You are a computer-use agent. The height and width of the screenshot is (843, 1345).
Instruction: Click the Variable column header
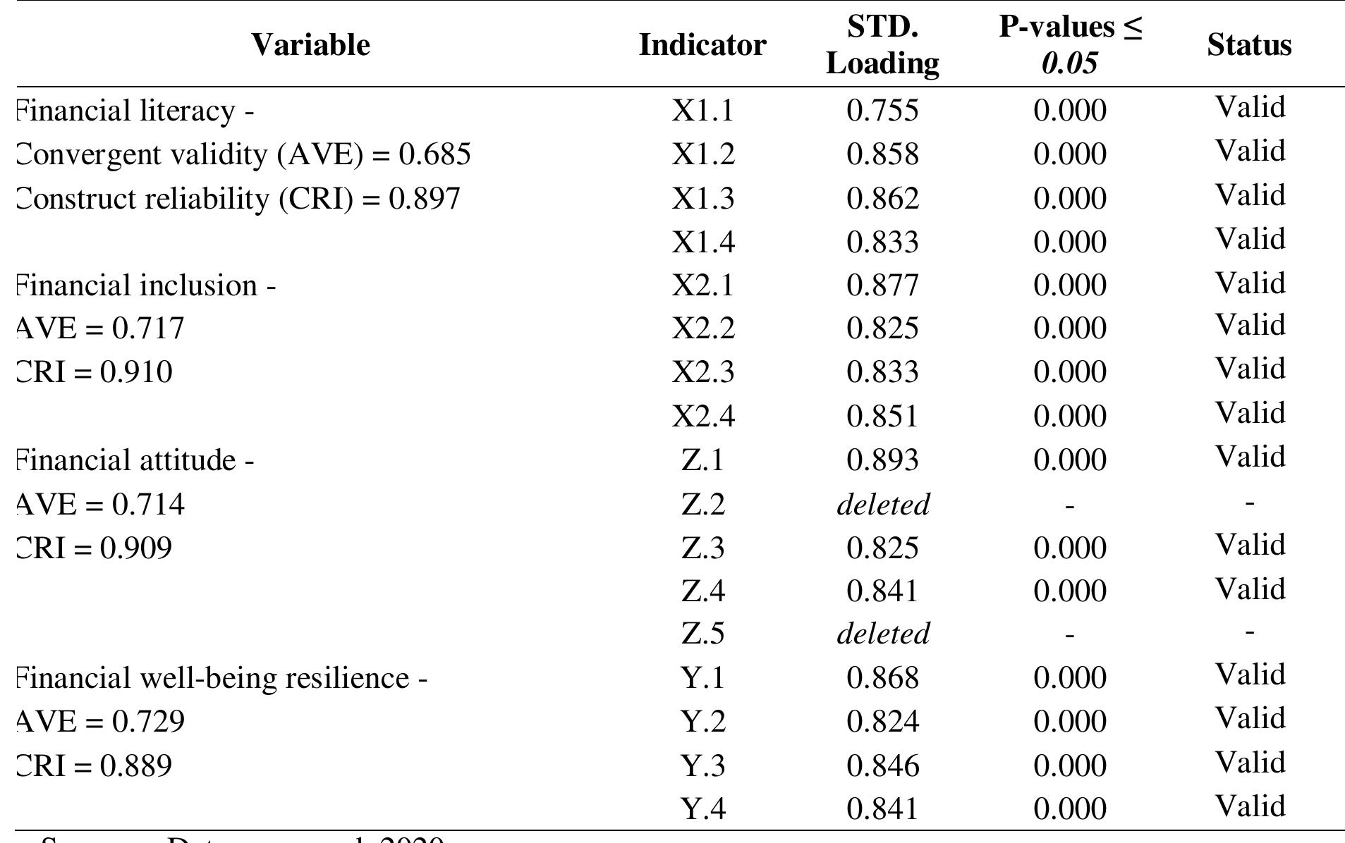click(x=310, y=45)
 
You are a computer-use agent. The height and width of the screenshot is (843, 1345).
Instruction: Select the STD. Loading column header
click(x=882, y=45)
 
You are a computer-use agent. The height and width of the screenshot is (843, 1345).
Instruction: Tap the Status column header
click(x=1249, y=45)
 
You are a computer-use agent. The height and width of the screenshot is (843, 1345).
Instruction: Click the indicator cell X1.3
click(x=702, y=199)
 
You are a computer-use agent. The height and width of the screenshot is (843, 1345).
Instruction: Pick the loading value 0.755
click(x=882, y=111)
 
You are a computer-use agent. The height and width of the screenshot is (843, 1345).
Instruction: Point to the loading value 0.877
click(x=882, y=285)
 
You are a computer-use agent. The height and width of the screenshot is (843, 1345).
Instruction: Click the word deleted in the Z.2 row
click(x=882, y=505)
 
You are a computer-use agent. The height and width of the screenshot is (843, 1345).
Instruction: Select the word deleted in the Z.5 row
click(x=882, y=634)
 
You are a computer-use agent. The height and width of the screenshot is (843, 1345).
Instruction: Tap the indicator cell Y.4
click(x=702, y=808)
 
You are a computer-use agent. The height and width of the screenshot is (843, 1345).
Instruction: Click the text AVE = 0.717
click(x=99, y=328)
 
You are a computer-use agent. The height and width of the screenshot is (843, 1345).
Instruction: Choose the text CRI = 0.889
click(x=94, y=765)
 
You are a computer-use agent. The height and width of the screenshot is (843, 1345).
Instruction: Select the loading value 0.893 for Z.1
click(x=882, y=460)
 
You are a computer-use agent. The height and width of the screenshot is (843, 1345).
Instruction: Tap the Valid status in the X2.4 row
click(x=1249, y=413)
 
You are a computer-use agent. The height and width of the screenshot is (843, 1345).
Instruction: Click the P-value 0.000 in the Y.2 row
click(x=1069, y=722)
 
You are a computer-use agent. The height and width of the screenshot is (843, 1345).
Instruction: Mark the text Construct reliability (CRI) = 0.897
click(x=238, y=199)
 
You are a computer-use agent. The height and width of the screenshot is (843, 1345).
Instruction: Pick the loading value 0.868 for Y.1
click(x=882, y=678)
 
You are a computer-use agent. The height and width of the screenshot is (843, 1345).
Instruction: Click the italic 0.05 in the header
click(x=1069, y=63)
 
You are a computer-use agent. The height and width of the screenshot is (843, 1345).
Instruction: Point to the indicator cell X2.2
click(x=702, y=328)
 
